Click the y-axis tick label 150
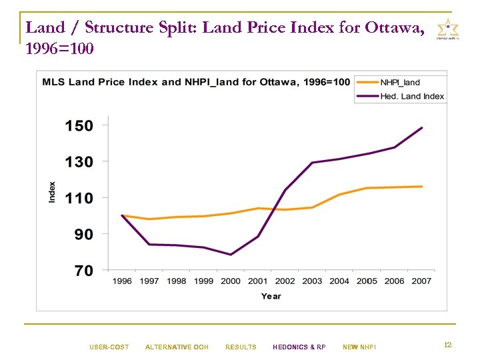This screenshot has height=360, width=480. (x=79, y=125)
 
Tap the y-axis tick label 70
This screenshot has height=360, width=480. (x=83, y=271)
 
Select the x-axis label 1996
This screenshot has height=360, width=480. (x=122, y=281)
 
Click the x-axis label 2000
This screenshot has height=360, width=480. (x=231, y=281)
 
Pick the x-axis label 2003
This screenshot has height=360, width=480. (x=312, y=281)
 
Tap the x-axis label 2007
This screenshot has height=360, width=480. (x=421, y=281)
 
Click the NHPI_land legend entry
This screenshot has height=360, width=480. (x=400, y=83)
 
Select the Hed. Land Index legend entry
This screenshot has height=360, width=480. (x=411, y=96)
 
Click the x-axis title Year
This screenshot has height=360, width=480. (x=271, y=296)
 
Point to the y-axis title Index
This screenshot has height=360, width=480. (x=52, y=193)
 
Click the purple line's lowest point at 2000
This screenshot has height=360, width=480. (x=231, y=255)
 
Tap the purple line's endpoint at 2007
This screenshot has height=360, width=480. (x=422, y=128)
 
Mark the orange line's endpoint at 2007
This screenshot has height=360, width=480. (x=422, y=187)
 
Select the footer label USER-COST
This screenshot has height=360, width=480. (x=109, y=347)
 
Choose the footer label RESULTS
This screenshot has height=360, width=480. (x=241, y=347)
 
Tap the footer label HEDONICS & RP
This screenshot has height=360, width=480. (x=299, y=347)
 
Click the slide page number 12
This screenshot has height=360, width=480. (x=448, y=345)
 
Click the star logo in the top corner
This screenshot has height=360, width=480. (x=447, y=30)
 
